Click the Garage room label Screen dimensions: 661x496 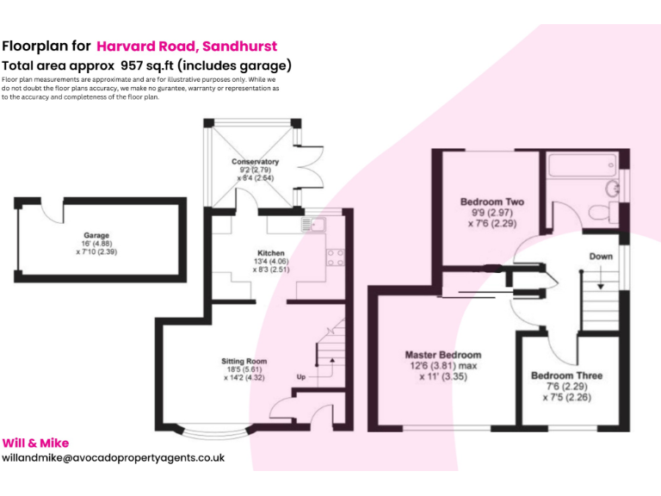(x=96, y=235)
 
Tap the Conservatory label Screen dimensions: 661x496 (x=255, y=162)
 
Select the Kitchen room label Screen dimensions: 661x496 (x=271, y=253)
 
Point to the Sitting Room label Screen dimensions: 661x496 (x=244, y=361)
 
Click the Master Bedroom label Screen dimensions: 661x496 (x=443, y=355)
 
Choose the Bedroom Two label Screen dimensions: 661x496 (x=492, y=202)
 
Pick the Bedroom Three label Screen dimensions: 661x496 (x=566, y=375)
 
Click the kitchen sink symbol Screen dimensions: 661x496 (x=313, y=225)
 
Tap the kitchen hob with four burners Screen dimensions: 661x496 (x=336, y=257)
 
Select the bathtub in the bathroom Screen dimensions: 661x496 (x=582, y=165)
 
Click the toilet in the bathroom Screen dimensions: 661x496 (x=602, y=212)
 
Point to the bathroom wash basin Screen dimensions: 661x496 (x=612, y=189)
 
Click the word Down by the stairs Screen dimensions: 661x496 (x=601, y=257)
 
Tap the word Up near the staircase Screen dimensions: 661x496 (x=301, y=376)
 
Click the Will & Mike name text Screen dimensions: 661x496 (x=35, y=443)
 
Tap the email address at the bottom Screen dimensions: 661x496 (x=114, y=458)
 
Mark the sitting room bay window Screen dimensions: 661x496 (x=215, y=433)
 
